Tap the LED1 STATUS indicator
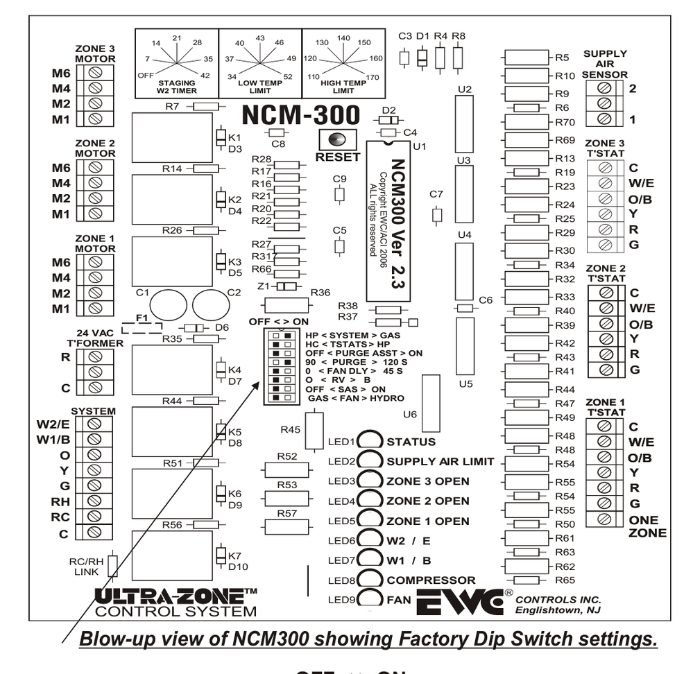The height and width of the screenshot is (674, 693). coord(371,441)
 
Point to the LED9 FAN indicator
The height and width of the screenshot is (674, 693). coord(371,598)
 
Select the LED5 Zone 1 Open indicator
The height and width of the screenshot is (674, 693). coord(371,521)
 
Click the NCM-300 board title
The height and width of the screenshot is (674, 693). coord(300,114)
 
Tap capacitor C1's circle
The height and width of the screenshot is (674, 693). coord(168,304)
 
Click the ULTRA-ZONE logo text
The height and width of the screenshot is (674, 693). coord(175,597)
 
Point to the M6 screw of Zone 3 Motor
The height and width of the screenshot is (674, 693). coord(96,72)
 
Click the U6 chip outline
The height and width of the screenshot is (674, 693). coord(431,403)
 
